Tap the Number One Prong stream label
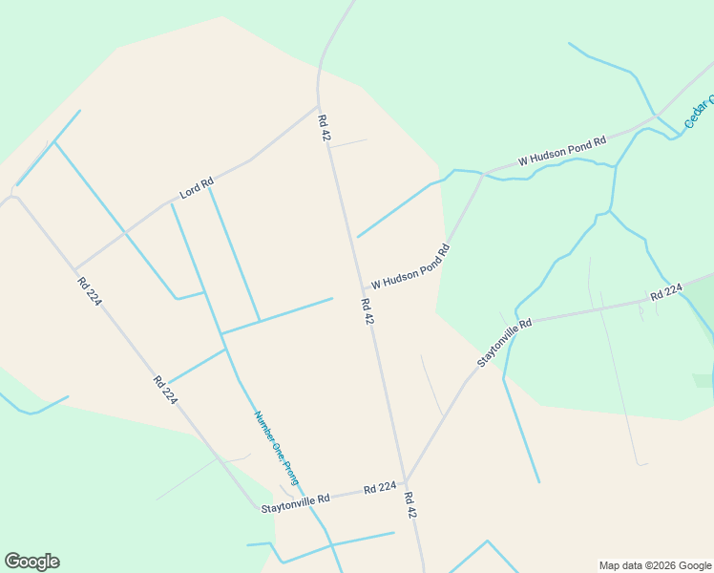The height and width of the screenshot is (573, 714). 276,448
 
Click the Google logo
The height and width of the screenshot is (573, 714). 31,562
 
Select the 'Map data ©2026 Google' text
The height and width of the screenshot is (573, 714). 655,565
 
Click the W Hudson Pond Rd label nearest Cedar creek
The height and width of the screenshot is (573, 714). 562,152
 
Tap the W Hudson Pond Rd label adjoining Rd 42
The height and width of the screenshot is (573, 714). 409,267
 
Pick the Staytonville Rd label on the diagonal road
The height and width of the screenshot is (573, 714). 504,343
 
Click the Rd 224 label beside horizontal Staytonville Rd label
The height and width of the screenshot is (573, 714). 379,489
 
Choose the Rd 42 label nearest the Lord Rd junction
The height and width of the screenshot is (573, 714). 324,128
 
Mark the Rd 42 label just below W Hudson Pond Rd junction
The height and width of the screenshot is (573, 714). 367,311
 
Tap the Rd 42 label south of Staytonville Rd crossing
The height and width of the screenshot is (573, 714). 410,505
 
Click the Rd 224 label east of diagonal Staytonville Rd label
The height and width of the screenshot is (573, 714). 666,291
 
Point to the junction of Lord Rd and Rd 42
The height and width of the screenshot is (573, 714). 318,106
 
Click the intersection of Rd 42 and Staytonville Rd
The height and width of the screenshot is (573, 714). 405,483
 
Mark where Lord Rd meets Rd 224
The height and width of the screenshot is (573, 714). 75,270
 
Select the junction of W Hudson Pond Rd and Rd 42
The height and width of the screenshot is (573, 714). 362,288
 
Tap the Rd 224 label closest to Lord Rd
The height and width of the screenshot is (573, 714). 90,291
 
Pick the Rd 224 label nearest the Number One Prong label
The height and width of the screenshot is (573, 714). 164,390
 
